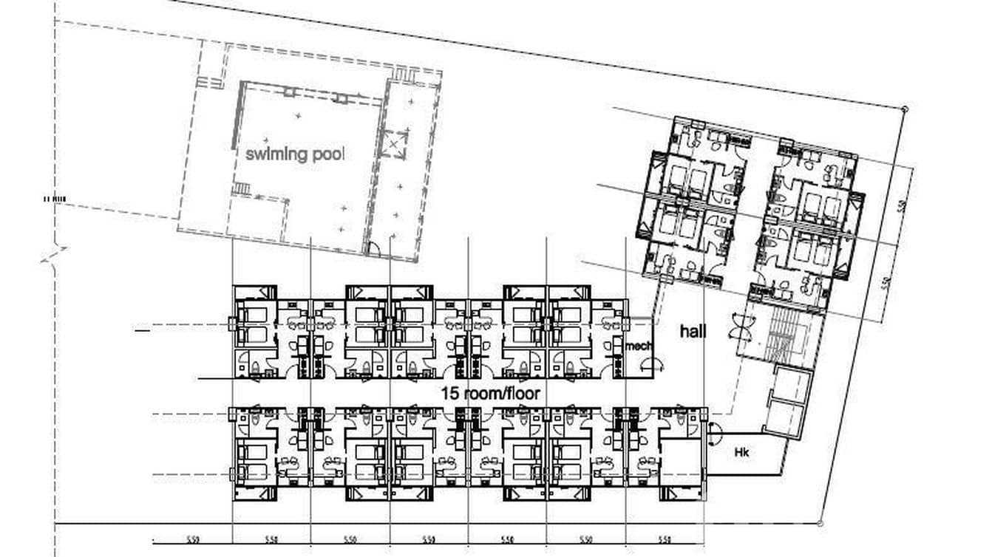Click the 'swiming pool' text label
coord(295,154)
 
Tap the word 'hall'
coord(693,332)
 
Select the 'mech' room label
coord(638,346)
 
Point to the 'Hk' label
coord(741,452)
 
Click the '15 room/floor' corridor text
coord(490,394)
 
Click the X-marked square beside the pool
coord(394,143)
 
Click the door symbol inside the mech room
coord(651,363)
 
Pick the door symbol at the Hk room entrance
coord(713,434)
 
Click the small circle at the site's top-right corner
coord(905,109)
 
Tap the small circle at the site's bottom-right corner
coord(820,523)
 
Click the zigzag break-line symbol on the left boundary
coord(54,255)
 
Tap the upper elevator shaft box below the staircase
coord(792,381)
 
